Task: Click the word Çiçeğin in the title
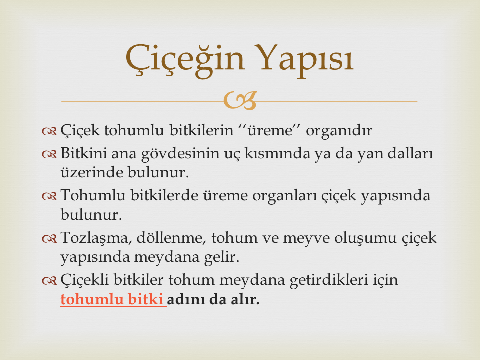click(185, 59)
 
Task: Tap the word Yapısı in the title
click(304, 60)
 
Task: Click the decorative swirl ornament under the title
click(240, 100)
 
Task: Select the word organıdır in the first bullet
click(339, 131)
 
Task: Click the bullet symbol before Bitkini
click(49, 154)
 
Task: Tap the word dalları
click(410, 153)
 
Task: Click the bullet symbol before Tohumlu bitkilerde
click(49, 196)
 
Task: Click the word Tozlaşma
click(96, 238)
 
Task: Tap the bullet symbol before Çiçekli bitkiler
click(49, 281)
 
